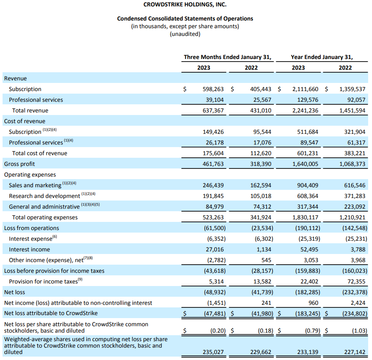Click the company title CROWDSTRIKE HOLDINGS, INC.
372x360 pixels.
coord(185,5)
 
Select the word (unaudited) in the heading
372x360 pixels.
coord(185,34)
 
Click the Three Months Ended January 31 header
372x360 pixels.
coord(228,57)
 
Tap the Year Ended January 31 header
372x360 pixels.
coord(322,57)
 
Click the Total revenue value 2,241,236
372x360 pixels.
coord(305,111)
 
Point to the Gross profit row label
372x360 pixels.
coord(20,164)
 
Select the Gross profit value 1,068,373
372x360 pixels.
coord(352,164)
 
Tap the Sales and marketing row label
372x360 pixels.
coord(35,186)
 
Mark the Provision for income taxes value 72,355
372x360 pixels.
coord(354,282)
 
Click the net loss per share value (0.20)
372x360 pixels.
coord(217,330)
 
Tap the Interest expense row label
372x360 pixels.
coord(30,239)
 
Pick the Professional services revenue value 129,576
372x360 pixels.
coord(307,100)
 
